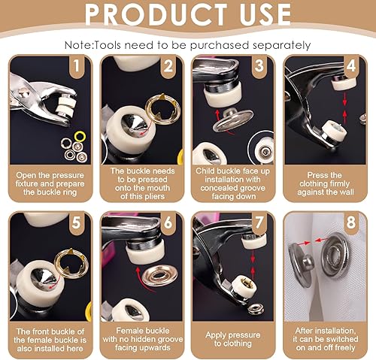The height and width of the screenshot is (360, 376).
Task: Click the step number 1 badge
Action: point(76,66)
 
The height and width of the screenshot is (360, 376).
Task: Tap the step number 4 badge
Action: point(351,66)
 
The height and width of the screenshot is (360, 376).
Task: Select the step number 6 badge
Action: point(168,222)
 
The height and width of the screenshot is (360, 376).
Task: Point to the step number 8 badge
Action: point(351,222)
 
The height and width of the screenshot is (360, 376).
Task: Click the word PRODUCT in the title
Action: point(156,14)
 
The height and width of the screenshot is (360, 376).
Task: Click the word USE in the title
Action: point(265,14)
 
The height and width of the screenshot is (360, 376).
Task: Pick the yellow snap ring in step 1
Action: point(80,136)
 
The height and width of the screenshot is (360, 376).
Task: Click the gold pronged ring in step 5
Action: point(71,263)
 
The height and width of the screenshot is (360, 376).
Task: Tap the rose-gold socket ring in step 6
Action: point(160,276)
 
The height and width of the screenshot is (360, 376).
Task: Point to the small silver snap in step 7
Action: point(256,309)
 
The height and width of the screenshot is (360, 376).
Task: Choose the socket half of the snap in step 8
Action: point(335,255)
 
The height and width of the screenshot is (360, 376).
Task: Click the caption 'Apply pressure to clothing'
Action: point(233,339)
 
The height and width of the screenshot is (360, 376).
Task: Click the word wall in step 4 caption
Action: point(347,192)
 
